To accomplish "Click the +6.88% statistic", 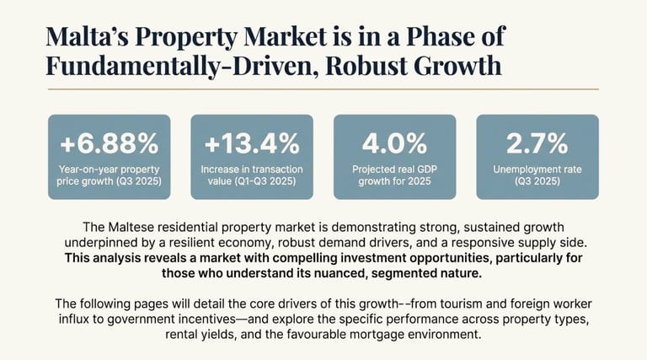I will pos(109,142).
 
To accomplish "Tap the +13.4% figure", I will pos(252,142).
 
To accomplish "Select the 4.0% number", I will pos(394,142).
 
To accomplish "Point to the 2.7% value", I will pos(537,142).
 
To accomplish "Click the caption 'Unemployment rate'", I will pos(537,169).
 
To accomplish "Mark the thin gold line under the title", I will pos(323,89).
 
